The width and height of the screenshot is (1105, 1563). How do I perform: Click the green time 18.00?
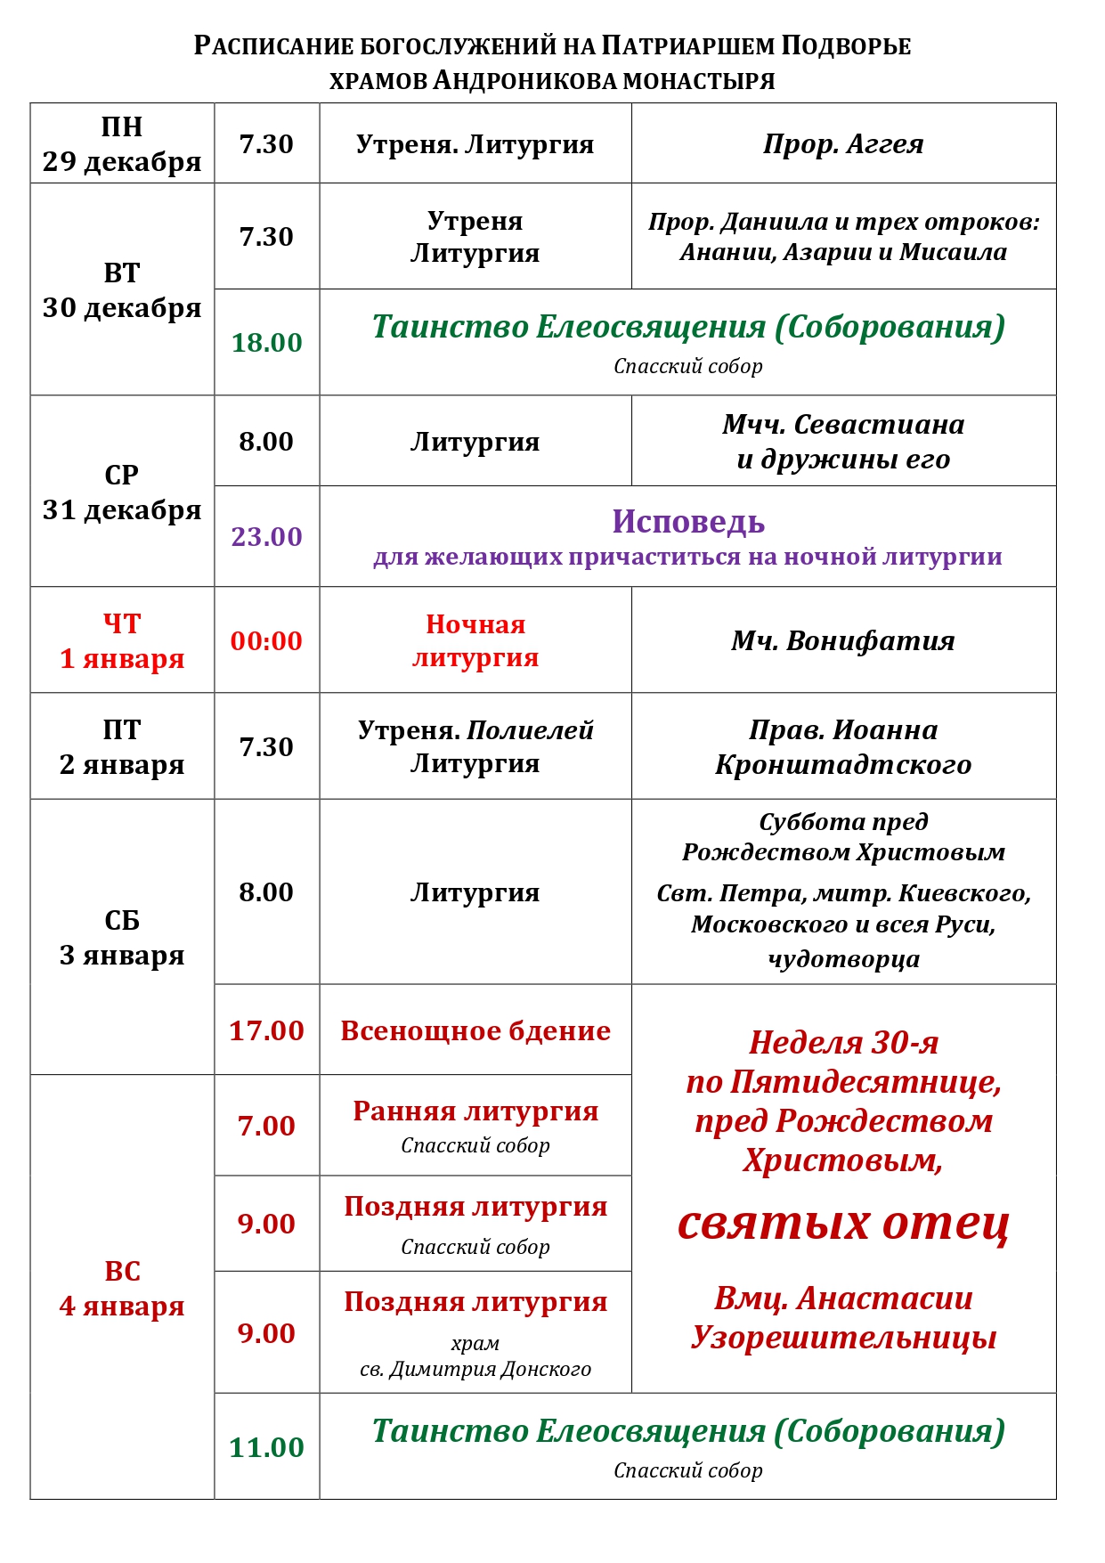tap(266, 343)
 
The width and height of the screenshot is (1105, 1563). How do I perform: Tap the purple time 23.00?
tap(266, 537)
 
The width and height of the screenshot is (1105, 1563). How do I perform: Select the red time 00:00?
tap(266, 641)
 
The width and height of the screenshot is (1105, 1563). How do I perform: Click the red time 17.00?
tap(266, 1031)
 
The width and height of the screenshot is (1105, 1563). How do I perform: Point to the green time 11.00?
tap(266, 1448)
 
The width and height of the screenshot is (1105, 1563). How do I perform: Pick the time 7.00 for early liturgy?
tap(266, 1127)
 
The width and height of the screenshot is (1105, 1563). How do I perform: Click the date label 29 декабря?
tap(122, 162)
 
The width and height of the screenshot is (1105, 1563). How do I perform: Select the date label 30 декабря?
tap(122, 308)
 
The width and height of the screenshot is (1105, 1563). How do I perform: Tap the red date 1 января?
tap(122, 659)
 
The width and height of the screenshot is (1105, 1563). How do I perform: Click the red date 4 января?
tap(122, 1307)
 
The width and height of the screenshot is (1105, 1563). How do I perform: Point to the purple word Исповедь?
tap(688, 522)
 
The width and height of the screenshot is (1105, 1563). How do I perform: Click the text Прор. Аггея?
tap(843, 144)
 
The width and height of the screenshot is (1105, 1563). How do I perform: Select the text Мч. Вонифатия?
tap(843, 641)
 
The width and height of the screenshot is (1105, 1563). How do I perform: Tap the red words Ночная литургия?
tap(475, 641)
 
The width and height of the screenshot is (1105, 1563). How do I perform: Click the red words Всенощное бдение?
tap(475, 1031)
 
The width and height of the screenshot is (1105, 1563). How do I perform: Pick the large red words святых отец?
tap(843, 1224)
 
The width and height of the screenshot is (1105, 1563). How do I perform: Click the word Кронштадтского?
tap(843, 765)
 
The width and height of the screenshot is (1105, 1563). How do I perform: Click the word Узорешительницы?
tap(843, 1338)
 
